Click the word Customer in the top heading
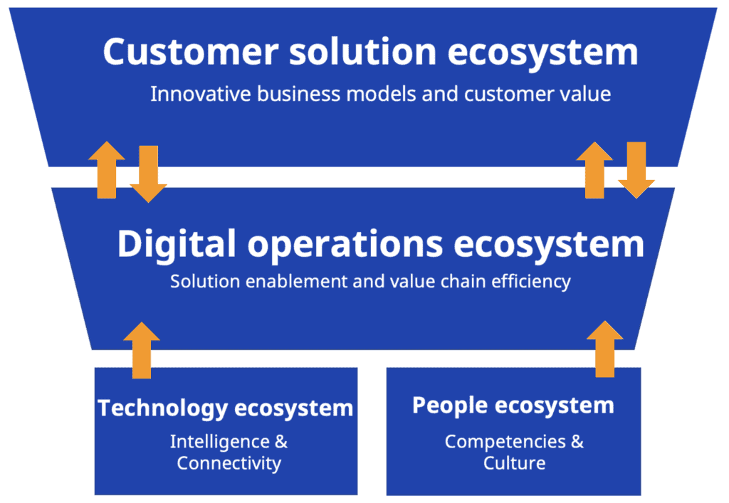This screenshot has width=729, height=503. [x=191, y=51]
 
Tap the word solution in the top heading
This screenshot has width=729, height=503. [x=362, y=51]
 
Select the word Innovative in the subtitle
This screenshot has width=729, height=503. [x=201, y=94]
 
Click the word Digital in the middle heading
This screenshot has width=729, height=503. [x=177, y=245]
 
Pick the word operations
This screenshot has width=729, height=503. [x=345, y=245]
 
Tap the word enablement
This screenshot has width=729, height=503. [x=297, y=281]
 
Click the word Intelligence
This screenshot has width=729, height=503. [x=220, y=442]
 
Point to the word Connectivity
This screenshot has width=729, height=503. [x=229, y=464]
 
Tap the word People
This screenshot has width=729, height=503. [x=450, y=406]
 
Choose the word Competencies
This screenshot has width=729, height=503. [x=505, y=442]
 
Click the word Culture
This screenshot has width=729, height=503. [x=514, y=463]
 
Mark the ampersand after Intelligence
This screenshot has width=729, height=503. [x=281, y=441]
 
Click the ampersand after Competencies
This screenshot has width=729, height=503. [x=577, y=441]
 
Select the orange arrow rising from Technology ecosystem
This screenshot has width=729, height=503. [x=142, y=350]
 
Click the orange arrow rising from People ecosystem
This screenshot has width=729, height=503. [x=605, y=349]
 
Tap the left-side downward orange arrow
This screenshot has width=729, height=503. [x=148, y=174]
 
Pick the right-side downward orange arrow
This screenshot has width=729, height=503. [x=636, y=170]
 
